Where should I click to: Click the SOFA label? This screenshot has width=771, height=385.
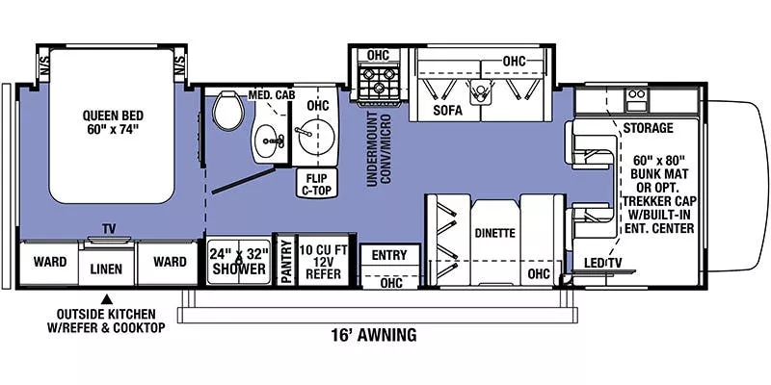[447, 111]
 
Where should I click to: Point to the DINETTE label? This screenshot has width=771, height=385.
[494, 233]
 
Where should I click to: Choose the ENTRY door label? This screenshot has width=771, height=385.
[389, 255]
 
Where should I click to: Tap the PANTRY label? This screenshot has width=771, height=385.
[285, 261]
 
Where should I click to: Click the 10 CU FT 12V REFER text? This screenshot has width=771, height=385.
[325, 260]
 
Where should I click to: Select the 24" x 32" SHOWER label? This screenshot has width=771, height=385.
[237, 261]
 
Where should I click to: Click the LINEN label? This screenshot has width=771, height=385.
[107, 269]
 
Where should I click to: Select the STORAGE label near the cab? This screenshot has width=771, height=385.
[647, 127]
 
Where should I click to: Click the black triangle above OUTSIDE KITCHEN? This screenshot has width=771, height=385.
[108, 297]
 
